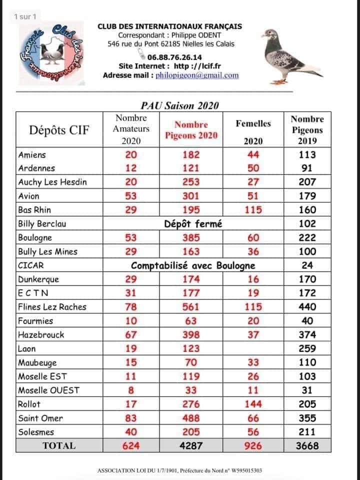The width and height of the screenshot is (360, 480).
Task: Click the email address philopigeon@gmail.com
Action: tap(197, 75)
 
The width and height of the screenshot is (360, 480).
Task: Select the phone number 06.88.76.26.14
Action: tap(171, 57)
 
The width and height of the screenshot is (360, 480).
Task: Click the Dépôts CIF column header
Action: tap(59, 130)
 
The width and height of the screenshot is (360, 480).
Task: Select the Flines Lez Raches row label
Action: tap(52, 307)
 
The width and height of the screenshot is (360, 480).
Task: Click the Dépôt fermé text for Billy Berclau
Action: tap(192, 224)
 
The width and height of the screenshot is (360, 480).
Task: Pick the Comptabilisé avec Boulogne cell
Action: tap(192, 265)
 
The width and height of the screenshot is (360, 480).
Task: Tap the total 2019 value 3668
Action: tap(307, 445)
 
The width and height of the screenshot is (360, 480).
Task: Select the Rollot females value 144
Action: tap(253, 404)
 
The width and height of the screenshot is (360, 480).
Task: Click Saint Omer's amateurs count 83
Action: tap(131, 418)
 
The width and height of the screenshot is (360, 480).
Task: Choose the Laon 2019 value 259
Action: tap(307, 348)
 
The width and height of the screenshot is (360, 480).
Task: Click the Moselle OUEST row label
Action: tap(48, 390)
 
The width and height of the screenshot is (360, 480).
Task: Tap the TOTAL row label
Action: tap(59, 445)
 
